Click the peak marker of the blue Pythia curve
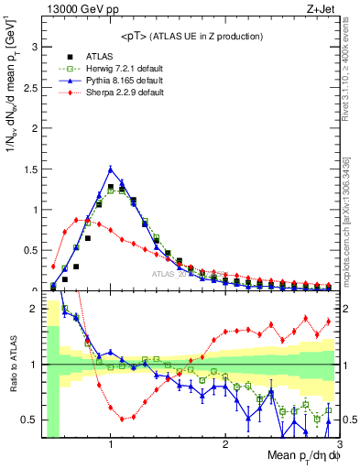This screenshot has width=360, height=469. pyautogui.click(x=111, y=169)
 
